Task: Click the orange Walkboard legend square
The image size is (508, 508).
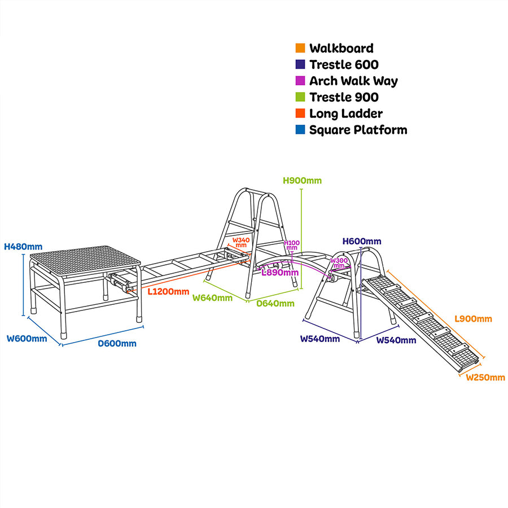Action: pos(300,49)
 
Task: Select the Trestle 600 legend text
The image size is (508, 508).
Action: pos(344,65)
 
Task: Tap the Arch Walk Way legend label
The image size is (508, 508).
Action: pos(353,81)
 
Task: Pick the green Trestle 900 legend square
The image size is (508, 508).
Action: pos(300,98)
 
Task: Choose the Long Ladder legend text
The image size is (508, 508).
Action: pos(345,113)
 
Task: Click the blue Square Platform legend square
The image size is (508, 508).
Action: pos(300,130)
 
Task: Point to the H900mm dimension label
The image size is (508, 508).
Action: pos(302,181)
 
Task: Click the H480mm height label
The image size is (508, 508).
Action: pos(23,247)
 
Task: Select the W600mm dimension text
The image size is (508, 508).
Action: pos(27,339)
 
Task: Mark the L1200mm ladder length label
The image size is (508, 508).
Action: pos(168,292)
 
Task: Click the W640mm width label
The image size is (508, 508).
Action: pos(212,297)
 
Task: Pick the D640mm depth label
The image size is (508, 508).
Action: pos(275,304)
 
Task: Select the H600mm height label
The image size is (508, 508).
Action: pos(362,242)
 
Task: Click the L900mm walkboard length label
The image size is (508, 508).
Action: pos(473,319)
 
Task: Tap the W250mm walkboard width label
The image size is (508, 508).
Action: pos(485,378)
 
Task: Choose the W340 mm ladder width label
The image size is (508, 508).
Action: pos(241,243)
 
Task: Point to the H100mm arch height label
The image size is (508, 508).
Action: pos(292,246)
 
